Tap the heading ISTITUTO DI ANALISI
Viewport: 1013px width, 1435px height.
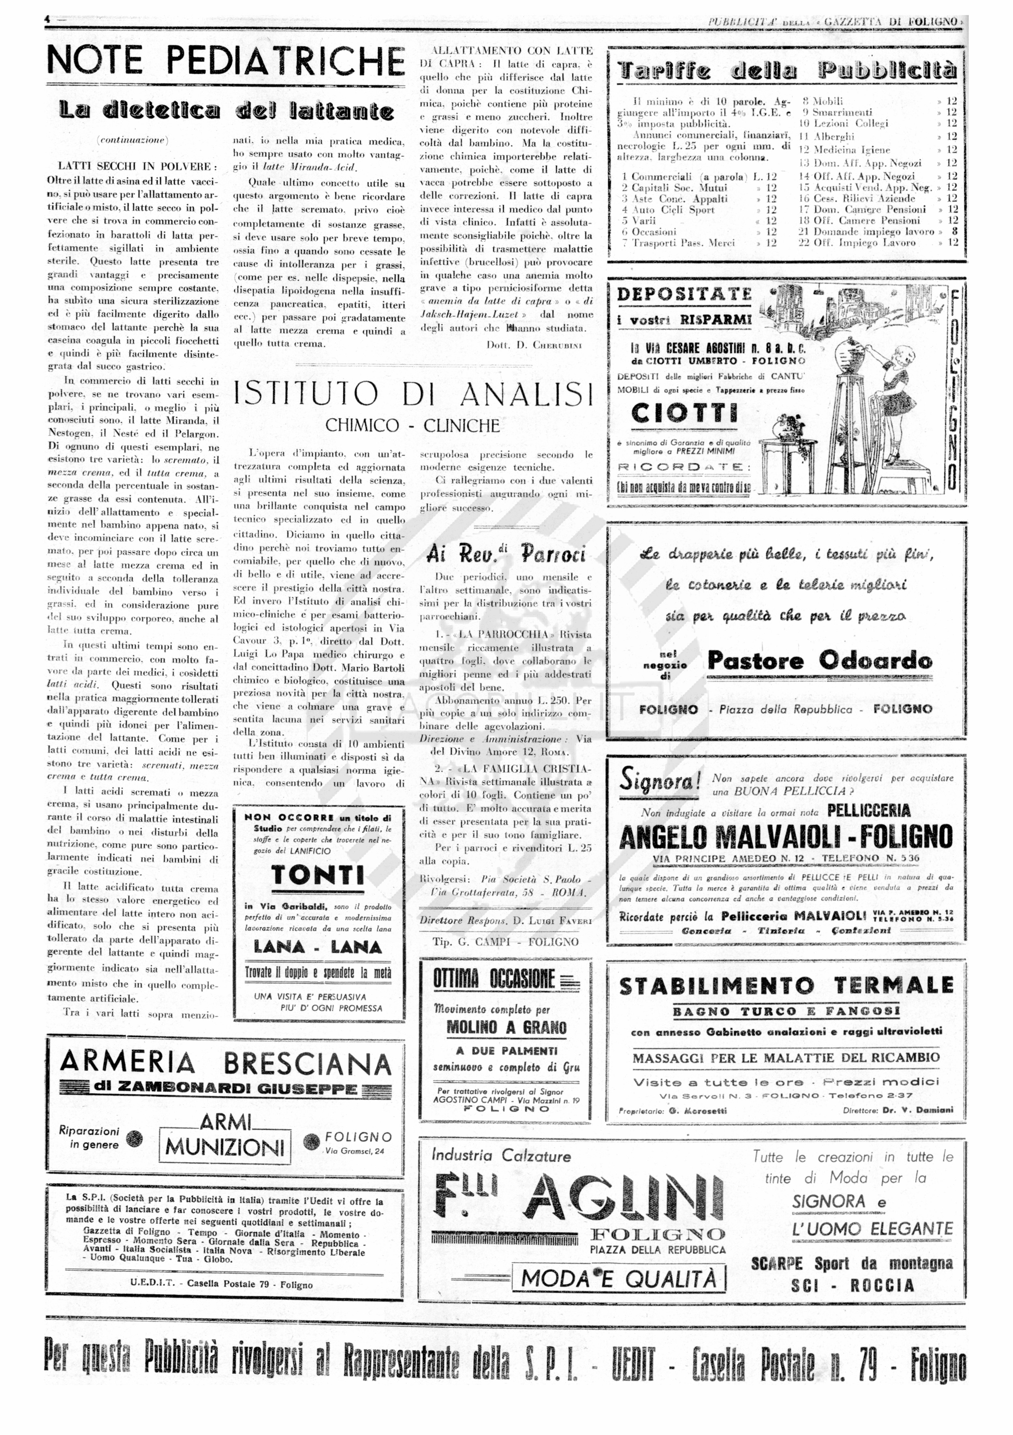413,394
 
